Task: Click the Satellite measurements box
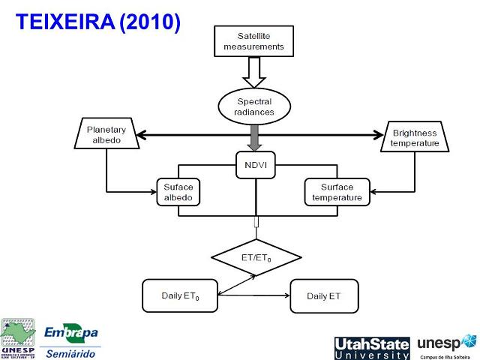tap(253, 40)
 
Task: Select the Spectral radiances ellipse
tap(255, 106)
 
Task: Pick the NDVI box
tap(256, 164)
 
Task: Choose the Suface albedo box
tap(178, 193)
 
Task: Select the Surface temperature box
tap(337, 193)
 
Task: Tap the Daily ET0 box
tap(180, 295)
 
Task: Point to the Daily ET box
tap(323, 295)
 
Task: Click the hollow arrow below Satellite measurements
tap(253, 73)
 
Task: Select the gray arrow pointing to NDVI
tap(256, 137)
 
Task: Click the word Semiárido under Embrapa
tap(71, 352)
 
